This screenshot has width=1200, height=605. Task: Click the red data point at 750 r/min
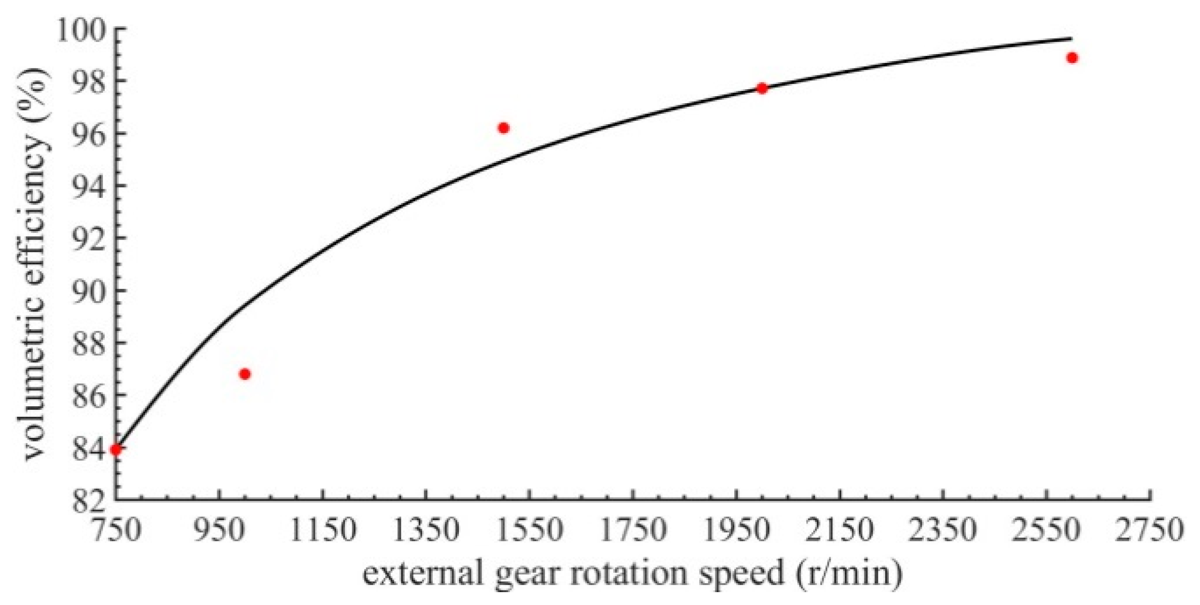click(x=116, y=449)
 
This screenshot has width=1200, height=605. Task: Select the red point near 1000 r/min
click(x=244, y=374)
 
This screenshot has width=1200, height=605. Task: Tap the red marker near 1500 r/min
click(x=503, y=128)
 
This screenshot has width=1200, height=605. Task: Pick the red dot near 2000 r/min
click(x=762, y=88)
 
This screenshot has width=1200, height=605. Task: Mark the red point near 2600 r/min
click(x=1072, y=58)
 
